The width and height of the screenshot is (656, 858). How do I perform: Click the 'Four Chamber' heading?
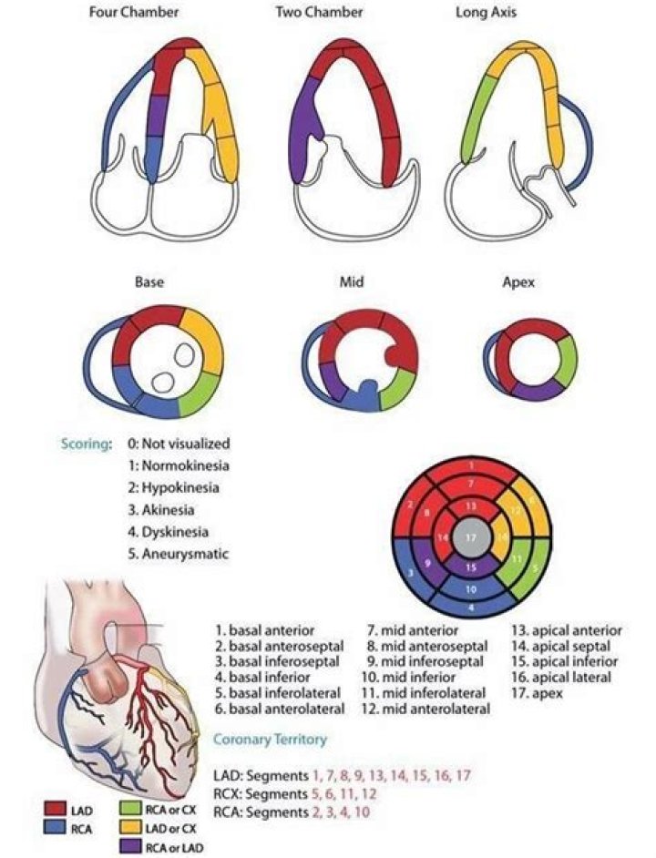click(134, 14)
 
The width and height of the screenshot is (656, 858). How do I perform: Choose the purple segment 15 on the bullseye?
click(470, 565)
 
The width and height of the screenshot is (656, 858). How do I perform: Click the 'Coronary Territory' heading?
click(270, 740)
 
